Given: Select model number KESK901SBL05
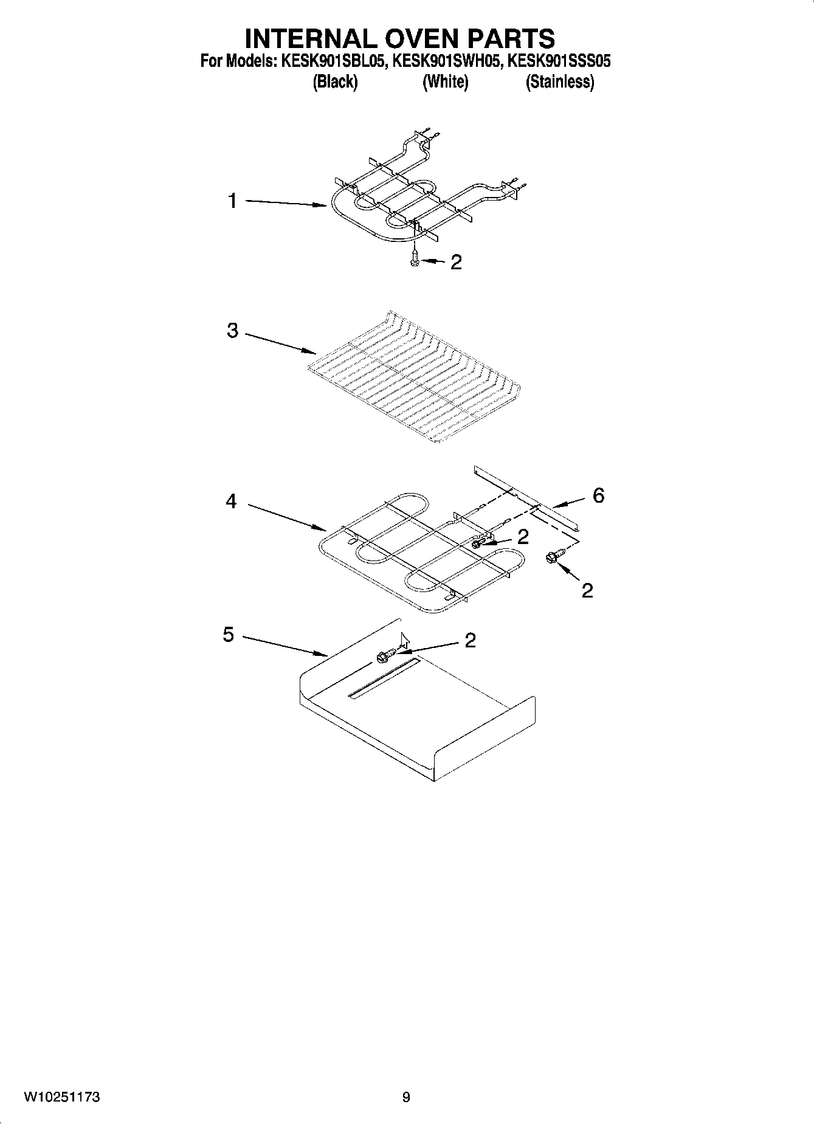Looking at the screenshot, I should (x=333, y=61).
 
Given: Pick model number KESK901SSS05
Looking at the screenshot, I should (x=559, y=61).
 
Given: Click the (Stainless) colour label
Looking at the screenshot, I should (x=559, y=81).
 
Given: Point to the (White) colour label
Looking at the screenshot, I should (x=445, y=81).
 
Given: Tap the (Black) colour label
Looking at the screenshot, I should (x=335, y=81).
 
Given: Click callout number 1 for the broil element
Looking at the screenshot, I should (x=232, y=201).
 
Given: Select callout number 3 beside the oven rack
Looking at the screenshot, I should (x=232, y=331).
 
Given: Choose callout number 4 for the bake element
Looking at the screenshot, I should (x=232, y=502).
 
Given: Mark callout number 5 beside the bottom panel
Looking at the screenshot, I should (x=229, y=635).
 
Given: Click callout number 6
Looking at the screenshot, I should (x=598, y=495).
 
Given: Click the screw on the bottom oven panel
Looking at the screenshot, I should (x=385, y=656).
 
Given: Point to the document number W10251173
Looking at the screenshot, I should (x=62, y=1097).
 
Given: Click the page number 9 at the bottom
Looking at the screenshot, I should (x=406, y=1097).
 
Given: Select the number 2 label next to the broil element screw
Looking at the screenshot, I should (x=455, y=263).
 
